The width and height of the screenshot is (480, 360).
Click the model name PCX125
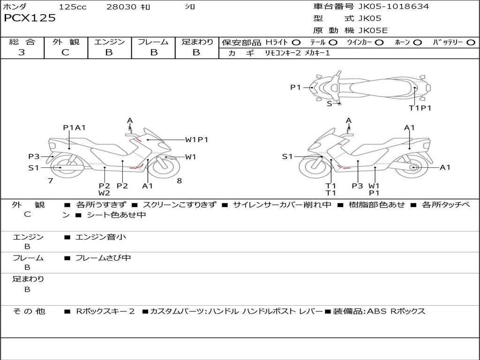30,18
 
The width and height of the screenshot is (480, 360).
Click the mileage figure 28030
121,7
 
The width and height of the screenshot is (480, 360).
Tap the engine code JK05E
373,31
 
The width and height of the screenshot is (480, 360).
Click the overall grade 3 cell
22,52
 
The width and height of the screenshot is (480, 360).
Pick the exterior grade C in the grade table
66,52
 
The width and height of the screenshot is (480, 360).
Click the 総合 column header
22,42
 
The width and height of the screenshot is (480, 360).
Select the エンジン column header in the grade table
109,42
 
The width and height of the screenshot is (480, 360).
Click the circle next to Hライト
296,42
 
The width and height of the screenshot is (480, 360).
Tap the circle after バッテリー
471,42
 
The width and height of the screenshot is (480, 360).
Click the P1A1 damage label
74,127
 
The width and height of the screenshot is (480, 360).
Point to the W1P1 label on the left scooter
196,139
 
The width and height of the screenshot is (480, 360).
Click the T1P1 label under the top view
420,108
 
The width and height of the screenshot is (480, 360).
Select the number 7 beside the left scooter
50,180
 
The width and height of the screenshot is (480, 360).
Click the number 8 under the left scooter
179,180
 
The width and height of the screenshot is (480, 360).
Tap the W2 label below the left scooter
104,193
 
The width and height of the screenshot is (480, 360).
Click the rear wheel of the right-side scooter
413,167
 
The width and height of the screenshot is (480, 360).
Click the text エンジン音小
101,237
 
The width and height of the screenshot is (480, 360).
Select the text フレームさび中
103,258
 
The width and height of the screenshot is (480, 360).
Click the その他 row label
29,311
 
